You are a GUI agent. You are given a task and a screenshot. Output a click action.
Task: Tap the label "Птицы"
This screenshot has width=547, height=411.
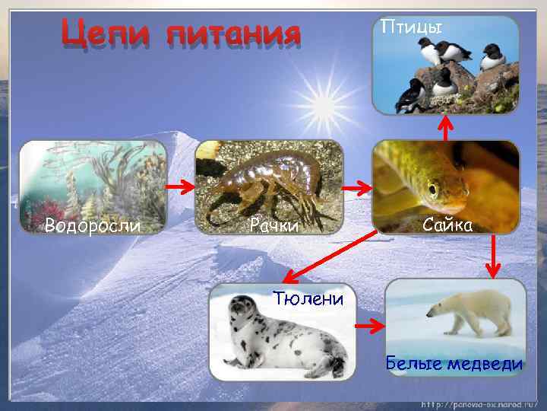click(411, 27)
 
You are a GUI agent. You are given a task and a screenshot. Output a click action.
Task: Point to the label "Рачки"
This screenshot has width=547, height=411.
click(274, 225)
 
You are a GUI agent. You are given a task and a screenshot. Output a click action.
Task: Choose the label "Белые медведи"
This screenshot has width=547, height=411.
click(454, 363)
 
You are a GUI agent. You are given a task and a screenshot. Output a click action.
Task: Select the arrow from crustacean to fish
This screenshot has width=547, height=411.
click(356, 186)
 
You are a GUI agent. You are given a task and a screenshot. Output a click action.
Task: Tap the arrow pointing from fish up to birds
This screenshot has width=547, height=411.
click(446, 126)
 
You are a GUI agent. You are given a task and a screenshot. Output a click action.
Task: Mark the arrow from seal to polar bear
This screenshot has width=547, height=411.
click(368, 327)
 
